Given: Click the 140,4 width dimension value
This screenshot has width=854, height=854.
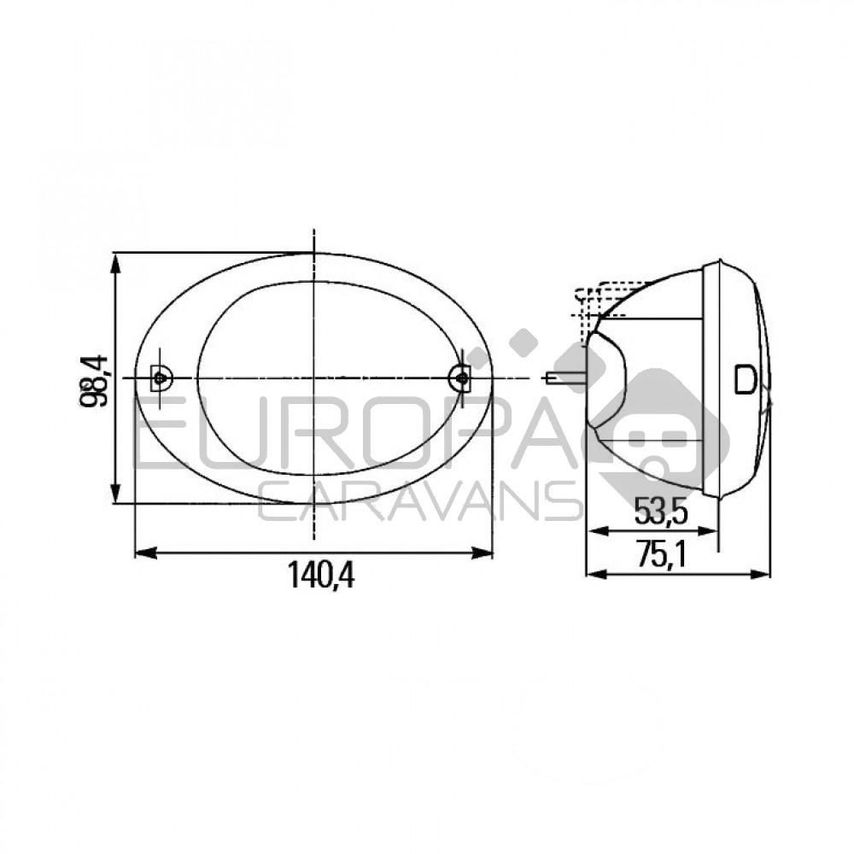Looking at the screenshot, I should (320, 578).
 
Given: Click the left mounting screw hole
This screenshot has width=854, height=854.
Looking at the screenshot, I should (160, 377).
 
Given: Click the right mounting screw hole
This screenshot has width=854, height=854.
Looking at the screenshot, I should (461, 377).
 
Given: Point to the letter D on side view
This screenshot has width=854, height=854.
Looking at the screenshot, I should (745, 377).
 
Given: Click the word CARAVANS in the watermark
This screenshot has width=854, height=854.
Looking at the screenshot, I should (418, 501).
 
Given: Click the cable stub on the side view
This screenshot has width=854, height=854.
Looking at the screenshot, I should (564, 377).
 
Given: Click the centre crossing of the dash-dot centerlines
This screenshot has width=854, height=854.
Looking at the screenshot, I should (314, 377).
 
